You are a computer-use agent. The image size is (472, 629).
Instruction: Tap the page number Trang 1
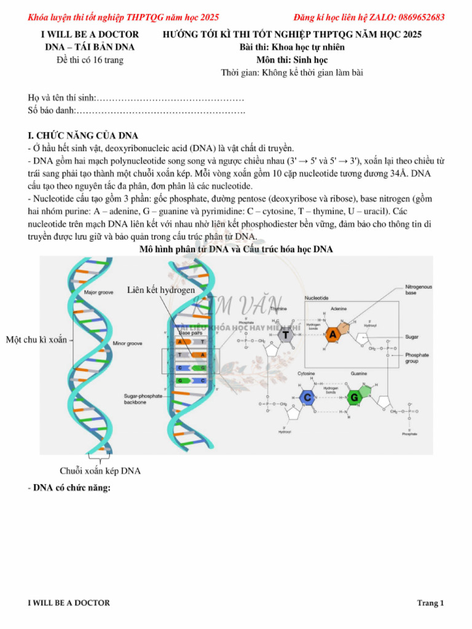[430, 603]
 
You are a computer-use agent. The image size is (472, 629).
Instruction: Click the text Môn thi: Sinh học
[292, 60]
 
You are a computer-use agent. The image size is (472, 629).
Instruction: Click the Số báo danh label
[51, 111]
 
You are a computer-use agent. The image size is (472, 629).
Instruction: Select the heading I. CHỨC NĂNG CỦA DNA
[83, 136]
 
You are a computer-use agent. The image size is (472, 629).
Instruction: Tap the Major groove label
[99, 293]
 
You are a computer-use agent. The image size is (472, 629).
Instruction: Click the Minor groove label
[127, 343]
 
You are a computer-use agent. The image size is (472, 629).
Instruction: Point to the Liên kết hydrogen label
[161, 290]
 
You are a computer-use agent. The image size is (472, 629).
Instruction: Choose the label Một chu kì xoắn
[36, 340]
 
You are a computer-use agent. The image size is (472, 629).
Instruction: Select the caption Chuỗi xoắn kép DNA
[100, 471]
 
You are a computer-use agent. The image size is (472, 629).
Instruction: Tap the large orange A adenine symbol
[332, 335]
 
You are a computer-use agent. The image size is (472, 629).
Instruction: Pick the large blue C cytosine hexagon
[307, 397]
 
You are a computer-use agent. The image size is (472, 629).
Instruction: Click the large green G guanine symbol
[355, 397]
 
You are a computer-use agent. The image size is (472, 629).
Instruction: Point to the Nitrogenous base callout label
[419, 290]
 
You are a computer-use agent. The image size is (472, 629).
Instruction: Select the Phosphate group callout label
[417, 358]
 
